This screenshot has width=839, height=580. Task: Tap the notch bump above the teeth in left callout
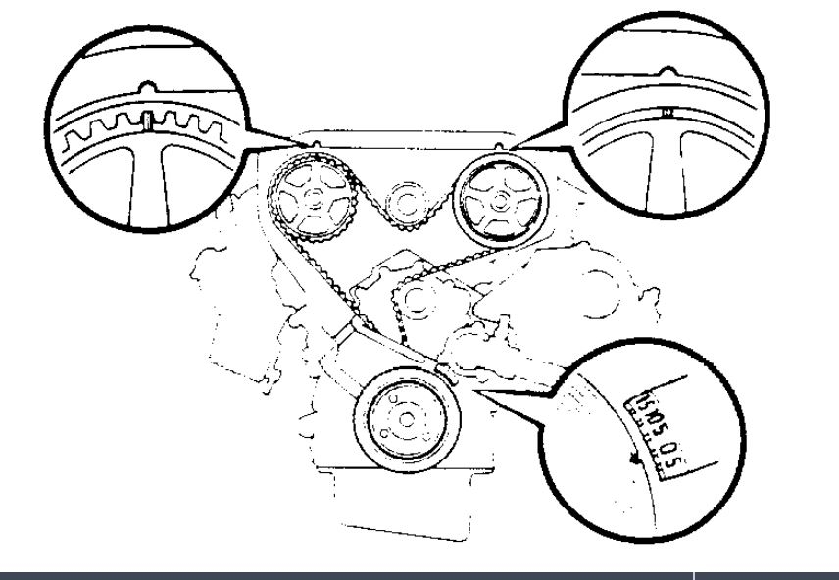146,86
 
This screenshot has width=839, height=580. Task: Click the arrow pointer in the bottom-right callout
635,455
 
